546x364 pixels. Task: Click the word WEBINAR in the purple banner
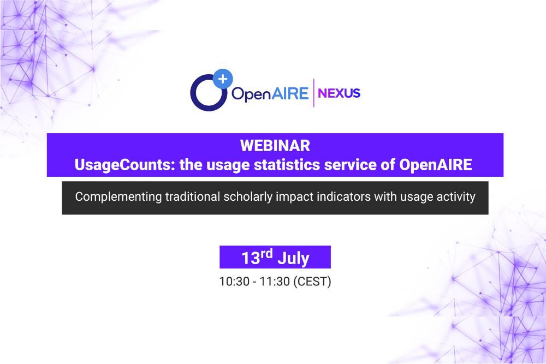click(x=275, y=146)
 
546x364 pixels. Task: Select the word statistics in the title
click(x=287, y=165)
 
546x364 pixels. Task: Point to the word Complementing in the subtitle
click(x=118, y=197)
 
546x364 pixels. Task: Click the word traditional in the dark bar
click(x=193, y=196)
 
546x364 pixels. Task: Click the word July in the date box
click(x=293, y=259)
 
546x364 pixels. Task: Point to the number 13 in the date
click(x=251, y=258)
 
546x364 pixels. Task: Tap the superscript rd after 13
click(x=266, y=253)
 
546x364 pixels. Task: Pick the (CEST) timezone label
click(x=312, y=282)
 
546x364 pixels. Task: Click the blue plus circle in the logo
click(x=223, y=79)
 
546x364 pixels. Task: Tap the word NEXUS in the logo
click(x=339, y=93)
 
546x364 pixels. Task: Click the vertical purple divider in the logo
click(x=314, y=93)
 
